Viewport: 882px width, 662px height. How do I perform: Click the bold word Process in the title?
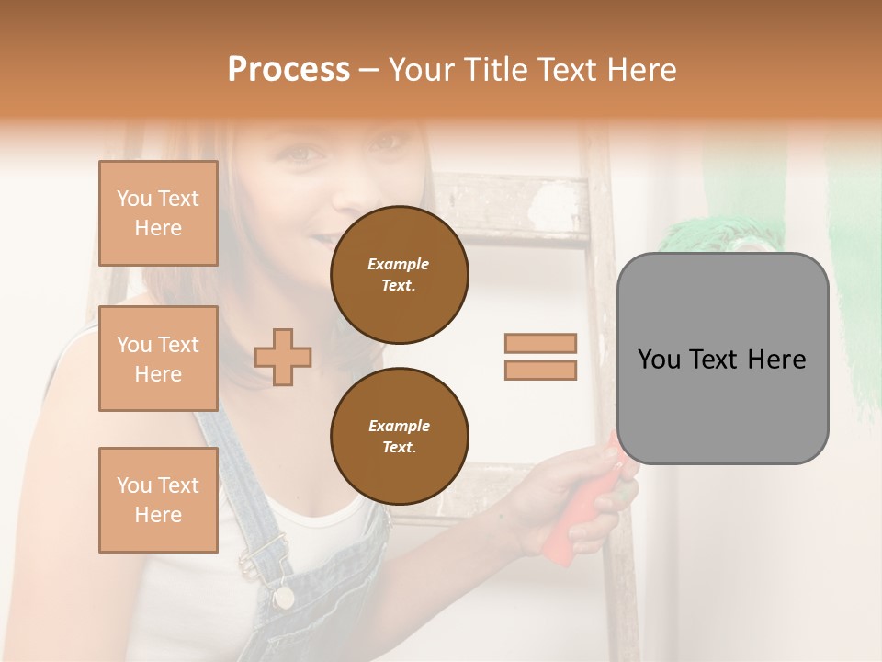[x=288, y=70]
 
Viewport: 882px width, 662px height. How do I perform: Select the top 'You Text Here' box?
[x=158, y=213]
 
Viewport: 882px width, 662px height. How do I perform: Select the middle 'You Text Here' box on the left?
[x=158, y=359]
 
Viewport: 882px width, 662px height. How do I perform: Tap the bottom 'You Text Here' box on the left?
[x=158, y=499]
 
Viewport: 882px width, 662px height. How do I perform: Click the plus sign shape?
[x=283, y=356]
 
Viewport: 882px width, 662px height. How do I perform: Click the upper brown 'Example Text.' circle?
[x=399, y=275]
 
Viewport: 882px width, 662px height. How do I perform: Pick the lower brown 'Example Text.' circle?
[x=399, y=436]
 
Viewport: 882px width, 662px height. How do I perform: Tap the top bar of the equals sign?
[x=540, y=343]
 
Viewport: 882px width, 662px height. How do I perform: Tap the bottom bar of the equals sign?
[x=540, y=370]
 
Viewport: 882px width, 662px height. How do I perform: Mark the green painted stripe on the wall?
[x=854, y=276]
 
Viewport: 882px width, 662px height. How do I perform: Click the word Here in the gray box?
[x=776, y=360]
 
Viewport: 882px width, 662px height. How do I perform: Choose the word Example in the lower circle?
[x=399, y=426]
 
